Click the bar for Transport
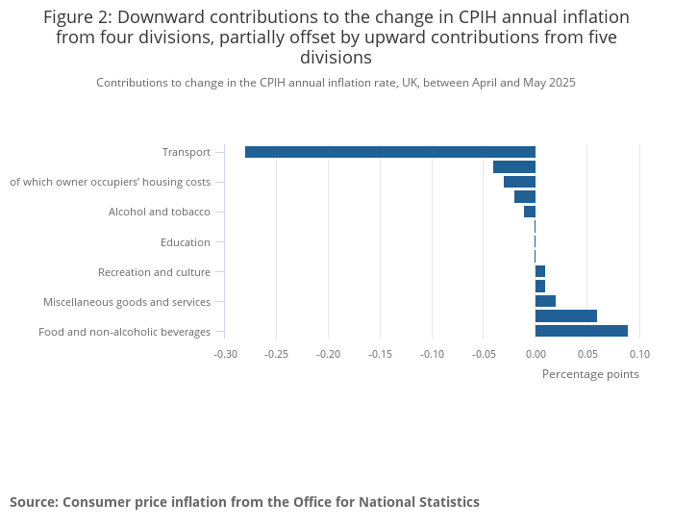[x=389, y=152]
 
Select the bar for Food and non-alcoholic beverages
[x=581, y=331]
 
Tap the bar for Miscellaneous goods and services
[x=545, y=301]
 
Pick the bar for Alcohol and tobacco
[x=530, y=212]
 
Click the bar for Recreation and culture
[x=540, y=271]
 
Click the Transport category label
[x=186, y=152]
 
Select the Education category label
[x=185, y=242]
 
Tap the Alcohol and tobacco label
[x=159, y=212]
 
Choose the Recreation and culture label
[x=154, y=272]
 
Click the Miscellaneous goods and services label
[x=126, y=302]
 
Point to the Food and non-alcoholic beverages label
[x=124, y=332]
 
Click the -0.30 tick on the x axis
[x=225, y=354]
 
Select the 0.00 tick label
[x=536, y=354]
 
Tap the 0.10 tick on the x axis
[x=638, y=354]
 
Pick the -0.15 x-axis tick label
[x=380, y=354]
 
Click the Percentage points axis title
[x=590, y=374]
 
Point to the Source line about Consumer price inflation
[x=244, y=502]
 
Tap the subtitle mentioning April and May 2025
[x=336, y=83]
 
